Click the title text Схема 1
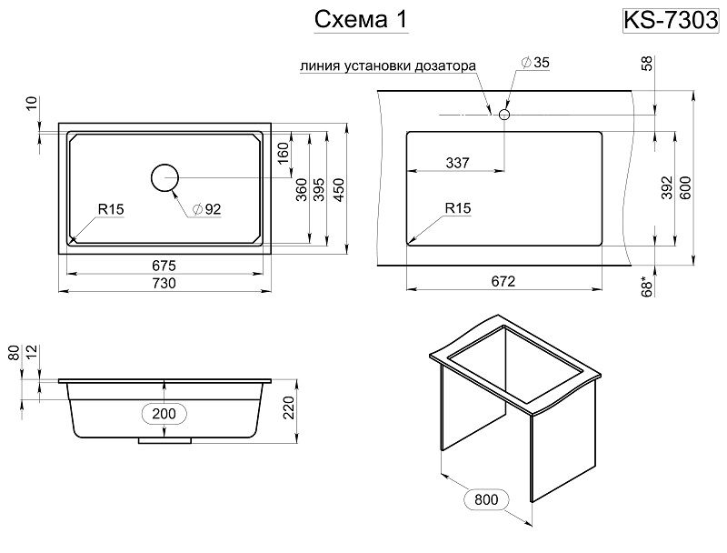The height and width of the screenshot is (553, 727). point(359,20)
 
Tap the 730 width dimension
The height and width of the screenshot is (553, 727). point(164,283)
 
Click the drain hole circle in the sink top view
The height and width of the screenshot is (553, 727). point(164,178)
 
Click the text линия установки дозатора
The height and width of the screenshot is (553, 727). point(387,66)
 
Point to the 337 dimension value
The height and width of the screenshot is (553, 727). point(457,163)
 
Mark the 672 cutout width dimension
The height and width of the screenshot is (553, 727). point(503,281)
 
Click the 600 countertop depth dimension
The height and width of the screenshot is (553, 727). point(687,186)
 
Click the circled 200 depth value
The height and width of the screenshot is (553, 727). point(164,413)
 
